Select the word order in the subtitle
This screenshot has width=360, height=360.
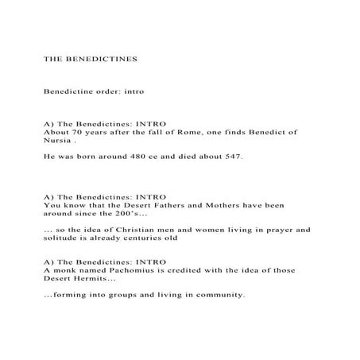point(109,92)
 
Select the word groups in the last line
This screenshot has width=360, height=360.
point(132,295)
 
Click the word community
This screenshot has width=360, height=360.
point(216,295)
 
